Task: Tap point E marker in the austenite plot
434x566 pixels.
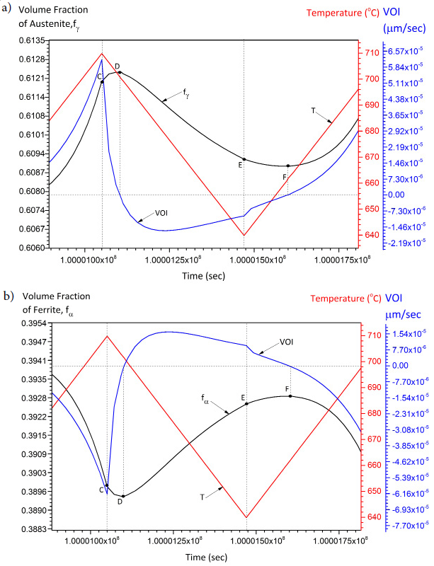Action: click(x=244, y=159)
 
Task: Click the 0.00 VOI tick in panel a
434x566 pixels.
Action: click(x=396, y=195)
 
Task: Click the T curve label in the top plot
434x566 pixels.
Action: click(x=314, y=110)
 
